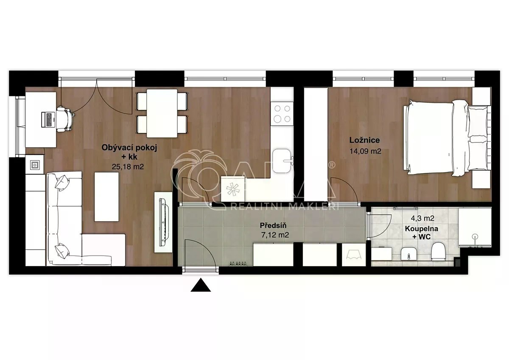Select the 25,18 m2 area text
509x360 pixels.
pos(128,167)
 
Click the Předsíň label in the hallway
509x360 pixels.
pos(273,225)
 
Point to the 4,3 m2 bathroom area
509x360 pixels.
pos(422,218)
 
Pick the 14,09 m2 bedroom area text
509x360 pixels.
pos(365,151)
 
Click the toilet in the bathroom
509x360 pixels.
pos(437,251)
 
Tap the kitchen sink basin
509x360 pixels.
pos(282,161)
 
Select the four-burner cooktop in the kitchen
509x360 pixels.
pos(282,113)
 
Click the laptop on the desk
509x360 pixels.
pos(48,119)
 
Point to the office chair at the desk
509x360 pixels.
pos(65,119)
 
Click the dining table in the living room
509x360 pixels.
pos(162,113)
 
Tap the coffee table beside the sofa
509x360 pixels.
pos(106,197)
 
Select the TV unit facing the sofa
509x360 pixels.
pos(163,222)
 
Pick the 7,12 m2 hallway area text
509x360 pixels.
pos(275,235)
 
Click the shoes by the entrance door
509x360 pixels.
pos(238,264)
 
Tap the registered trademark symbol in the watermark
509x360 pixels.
pos(332,165)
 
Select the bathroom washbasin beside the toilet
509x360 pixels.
pos(408,253)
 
